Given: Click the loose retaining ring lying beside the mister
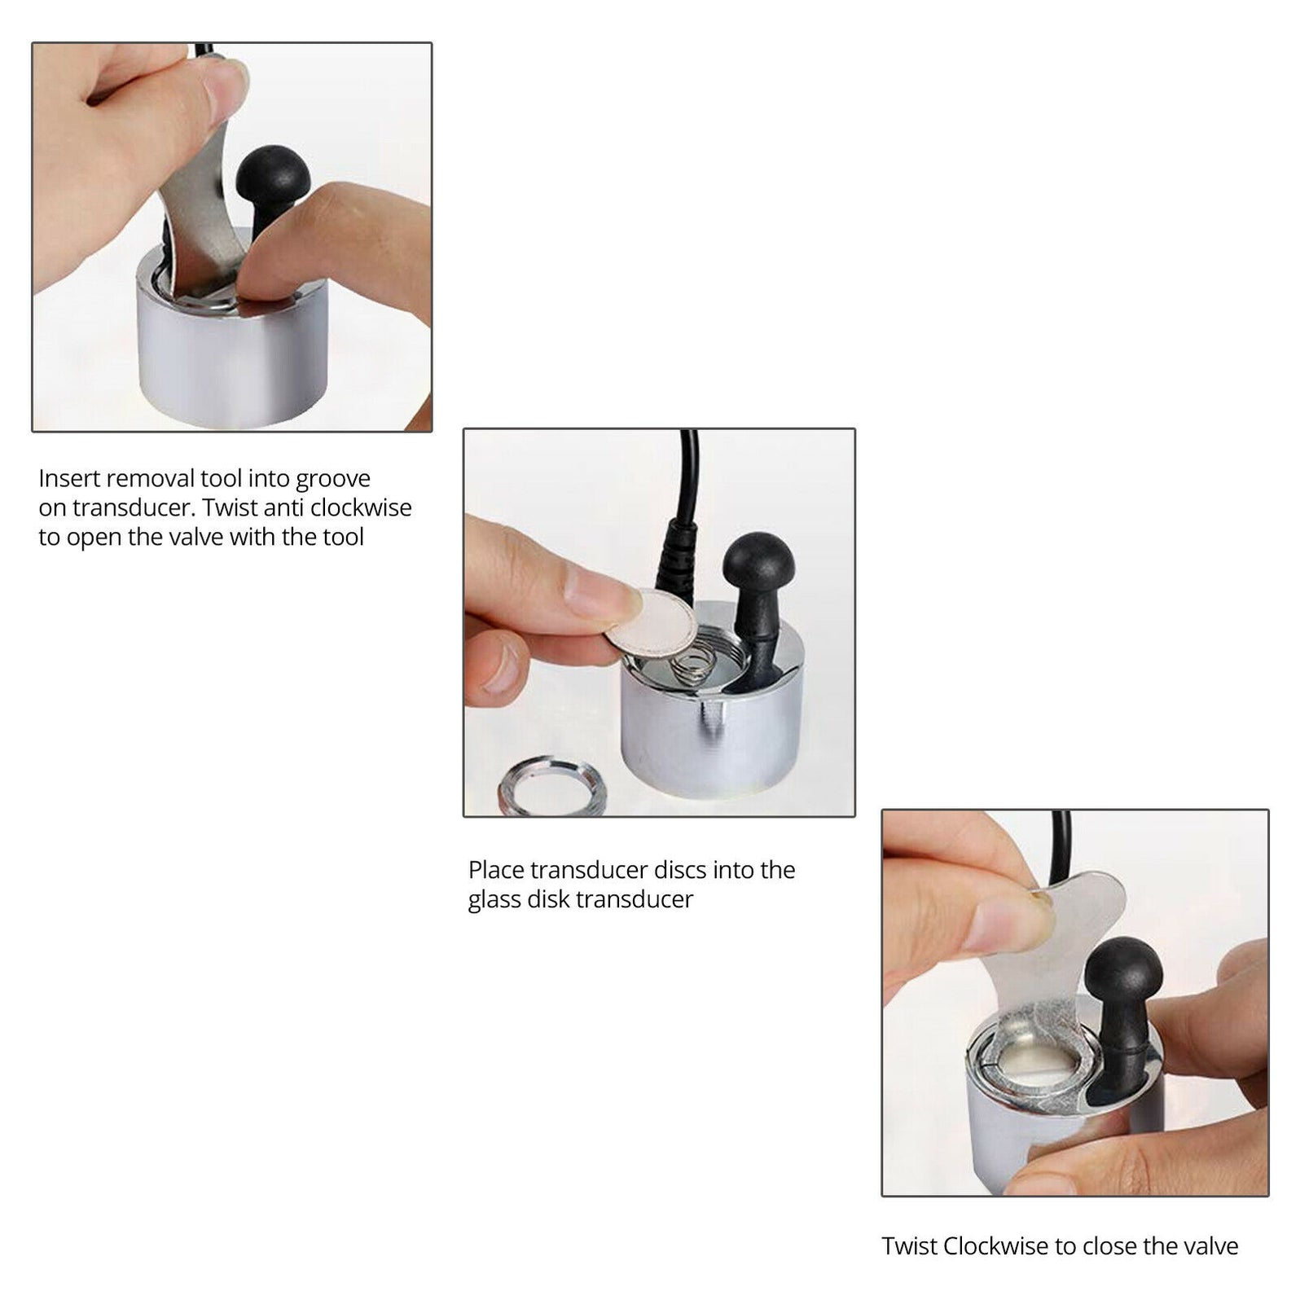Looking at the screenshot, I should click(551, 785).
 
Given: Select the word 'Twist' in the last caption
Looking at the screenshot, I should click(909, 1246).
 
